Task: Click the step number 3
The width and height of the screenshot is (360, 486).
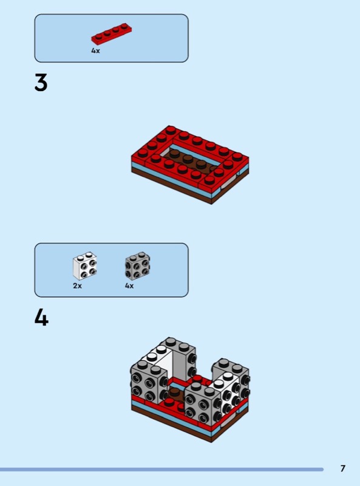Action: point(41,83)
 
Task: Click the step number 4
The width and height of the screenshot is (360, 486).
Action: point(41,318)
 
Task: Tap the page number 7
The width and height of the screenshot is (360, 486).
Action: point(342,468)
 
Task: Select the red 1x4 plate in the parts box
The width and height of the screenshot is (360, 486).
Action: point(112,34)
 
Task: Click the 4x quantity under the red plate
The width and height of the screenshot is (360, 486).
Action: point(95,50)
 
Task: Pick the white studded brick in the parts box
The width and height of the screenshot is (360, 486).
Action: point(85,265)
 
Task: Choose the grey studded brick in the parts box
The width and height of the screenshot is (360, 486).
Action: point(138,265)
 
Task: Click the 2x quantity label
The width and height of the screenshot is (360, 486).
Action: point(78,286)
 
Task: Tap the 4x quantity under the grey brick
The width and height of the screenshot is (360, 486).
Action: point(129,286)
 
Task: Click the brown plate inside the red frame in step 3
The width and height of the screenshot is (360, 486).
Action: point(189,160)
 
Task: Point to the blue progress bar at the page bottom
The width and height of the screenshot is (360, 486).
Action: point(161,470)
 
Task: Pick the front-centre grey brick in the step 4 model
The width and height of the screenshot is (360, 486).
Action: point(203,403)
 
